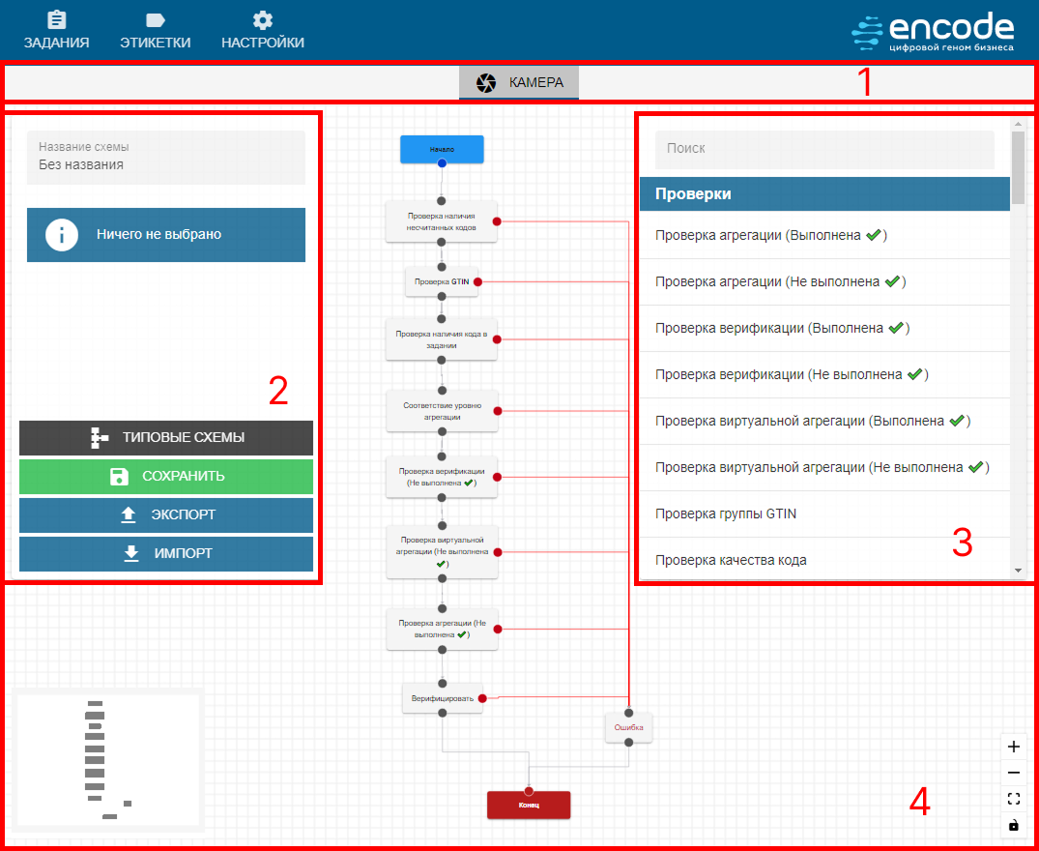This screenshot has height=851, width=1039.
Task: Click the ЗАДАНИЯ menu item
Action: pos(57,31)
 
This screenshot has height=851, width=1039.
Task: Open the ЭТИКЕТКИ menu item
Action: pos(155,31)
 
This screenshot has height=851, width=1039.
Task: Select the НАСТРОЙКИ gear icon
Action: pos(262,20)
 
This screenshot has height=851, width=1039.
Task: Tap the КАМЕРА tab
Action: pos(519,83)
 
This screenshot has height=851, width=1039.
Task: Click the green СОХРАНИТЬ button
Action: pos(166,476)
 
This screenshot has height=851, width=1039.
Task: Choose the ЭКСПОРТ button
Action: pos(166,514)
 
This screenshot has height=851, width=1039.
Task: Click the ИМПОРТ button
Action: pos(166,553)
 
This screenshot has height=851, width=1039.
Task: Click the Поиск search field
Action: pos(824,149)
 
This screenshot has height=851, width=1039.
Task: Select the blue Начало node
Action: pos(442,149)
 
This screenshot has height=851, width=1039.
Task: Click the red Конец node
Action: pos(529,806)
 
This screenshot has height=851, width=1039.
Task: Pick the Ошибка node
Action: pos(629,727)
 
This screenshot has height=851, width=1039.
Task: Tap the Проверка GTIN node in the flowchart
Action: pos(442,282)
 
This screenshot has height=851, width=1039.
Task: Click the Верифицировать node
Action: pos(442,697)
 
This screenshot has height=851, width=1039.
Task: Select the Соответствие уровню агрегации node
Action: pos(442,411)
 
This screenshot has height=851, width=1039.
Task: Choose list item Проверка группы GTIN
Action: pos(726,514)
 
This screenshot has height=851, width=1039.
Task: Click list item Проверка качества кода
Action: pos(731,560)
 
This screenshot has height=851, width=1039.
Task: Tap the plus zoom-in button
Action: pos(1014,747)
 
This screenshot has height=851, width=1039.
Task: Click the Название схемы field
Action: pos(166,158)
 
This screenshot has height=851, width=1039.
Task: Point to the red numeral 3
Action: pos(962,543)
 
